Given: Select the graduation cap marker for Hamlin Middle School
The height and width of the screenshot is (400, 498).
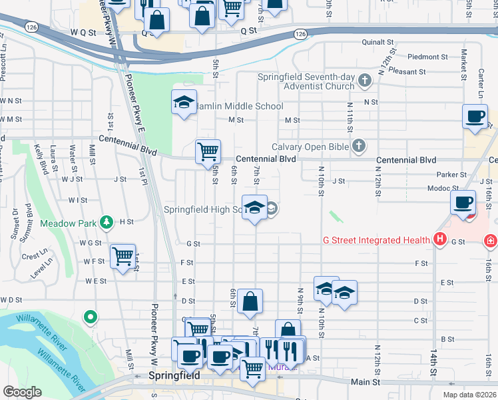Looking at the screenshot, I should [x=184, y=103].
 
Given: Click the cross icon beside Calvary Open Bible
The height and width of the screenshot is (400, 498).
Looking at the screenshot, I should [x=358, y=146].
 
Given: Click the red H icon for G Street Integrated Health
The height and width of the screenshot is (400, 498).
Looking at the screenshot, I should [x=439, y=239].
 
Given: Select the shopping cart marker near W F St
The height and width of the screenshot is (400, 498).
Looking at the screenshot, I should [x=123, y=256].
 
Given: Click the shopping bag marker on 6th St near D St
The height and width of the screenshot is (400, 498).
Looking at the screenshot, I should [x=250, y=301].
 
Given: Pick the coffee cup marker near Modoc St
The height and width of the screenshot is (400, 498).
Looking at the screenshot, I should [x=462, y=202].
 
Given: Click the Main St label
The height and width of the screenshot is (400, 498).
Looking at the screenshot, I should [x=365, y=382].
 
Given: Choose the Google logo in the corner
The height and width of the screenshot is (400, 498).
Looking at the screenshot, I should [x=22, y=392].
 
